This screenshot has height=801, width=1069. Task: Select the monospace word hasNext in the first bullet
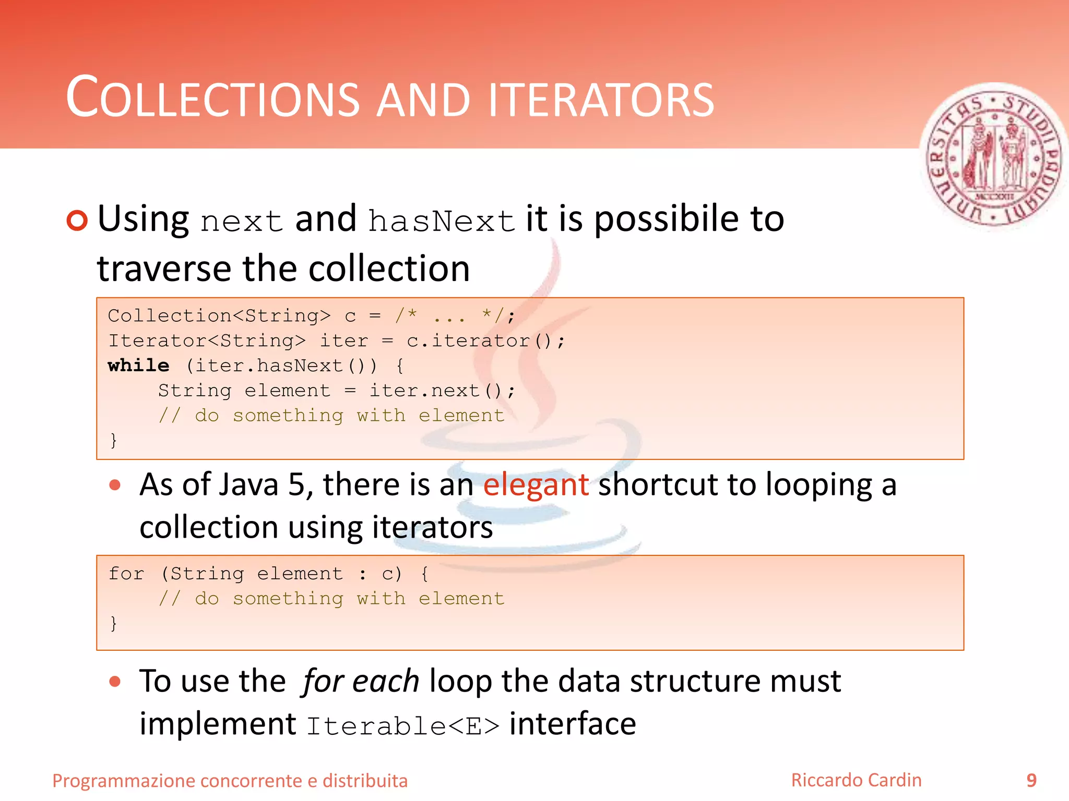pos(442,221)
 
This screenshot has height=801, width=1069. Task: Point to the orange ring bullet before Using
pos(77,221)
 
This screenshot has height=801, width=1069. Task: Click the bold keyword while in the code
pos(138,366)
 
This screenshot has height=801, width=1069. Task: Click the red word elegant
pos(536,484)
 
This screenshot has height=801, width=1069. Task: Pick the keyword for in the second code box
pos(126,574)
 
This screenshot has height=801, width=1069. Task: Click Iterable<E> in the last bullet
pos(402,726)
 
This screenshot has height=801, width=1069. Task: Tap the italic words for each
pos(360,681)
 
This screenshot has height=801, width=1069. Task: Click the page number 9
pos(1031,780)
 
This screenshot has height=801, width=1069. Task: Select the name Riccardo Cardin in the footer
pos(856,780)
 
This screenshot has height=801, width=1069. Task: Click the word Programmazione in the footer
pos(124,781)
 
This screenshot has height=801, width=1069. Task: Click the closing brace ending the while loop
pos(113,440)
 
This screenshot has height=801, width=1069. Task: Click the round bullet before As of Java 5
pos(115,486)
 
